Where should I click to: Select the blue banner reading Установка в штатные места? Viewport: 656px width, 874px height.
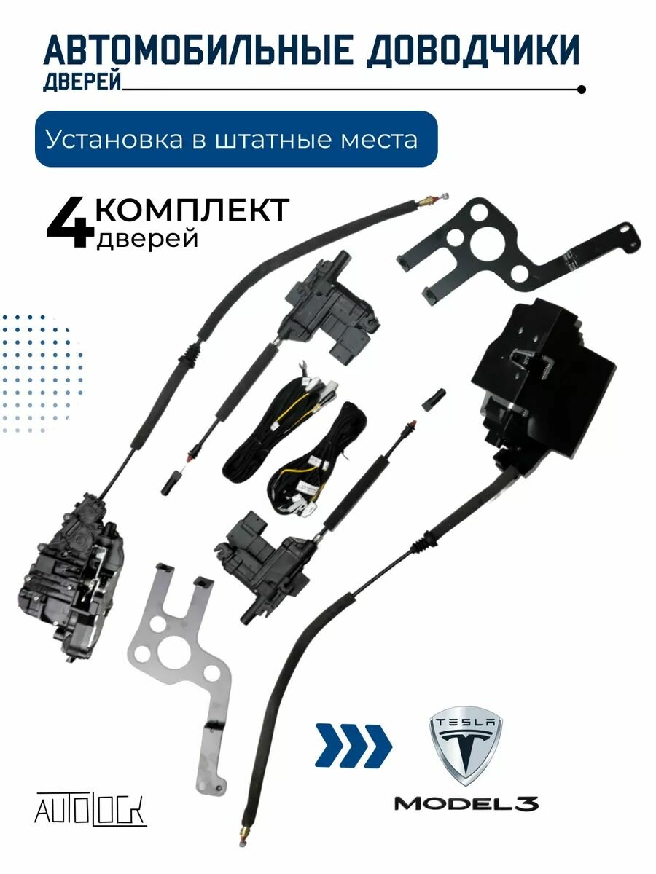[236, 138]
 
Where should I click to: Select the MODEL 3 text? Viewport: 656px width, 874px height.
[466, 803]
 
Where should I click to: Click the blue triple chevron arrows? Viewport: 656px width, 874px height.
[353, 745]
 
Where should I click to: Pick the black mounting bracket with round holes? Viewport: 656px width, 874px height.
[510, 248]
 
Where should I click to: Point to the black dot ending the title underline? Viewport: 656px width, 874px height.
[581, 90]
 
